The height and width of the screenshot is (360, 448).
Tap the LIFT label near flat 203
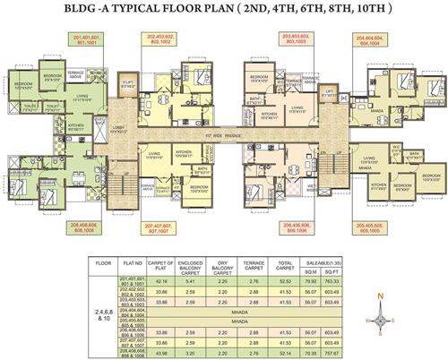click(x=328, y=91)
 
